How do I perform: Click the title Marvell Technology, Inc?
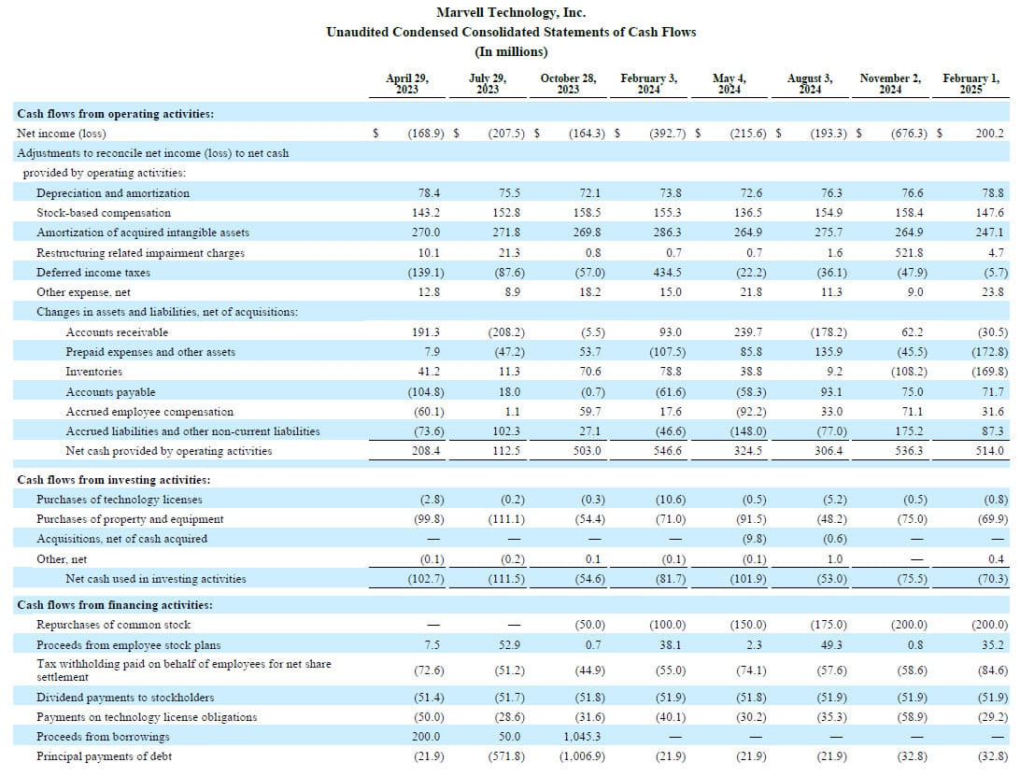pos(511,12)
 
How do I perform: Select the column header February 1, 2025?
pos(970,84)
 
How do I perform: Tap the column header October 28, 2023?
pos(568,84)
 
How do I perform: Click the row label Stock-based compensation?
pos(104,213)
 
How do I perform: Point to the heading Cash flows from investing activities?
pos(114,480)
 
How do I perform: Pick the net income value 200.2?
pos(989,134)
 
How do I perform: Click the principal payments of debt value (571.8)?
pos(506,756)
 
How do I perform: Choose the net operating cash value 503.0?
pos(587,451)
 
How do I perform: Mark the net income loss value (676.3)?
pos(909,134)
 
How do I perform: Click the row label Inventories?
pos(93,372)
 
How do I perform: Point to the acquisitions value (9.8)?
pos(754,539)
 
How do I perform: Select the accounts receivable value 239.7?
pos(748,332)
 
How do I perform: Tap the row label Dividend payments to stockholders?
pos(125,698)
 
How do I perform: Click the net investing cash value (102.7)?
pos(425,579)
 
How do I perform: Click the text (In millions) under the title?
pos(511,51)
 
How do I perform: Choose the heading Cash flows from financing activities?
pos(115,605)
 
